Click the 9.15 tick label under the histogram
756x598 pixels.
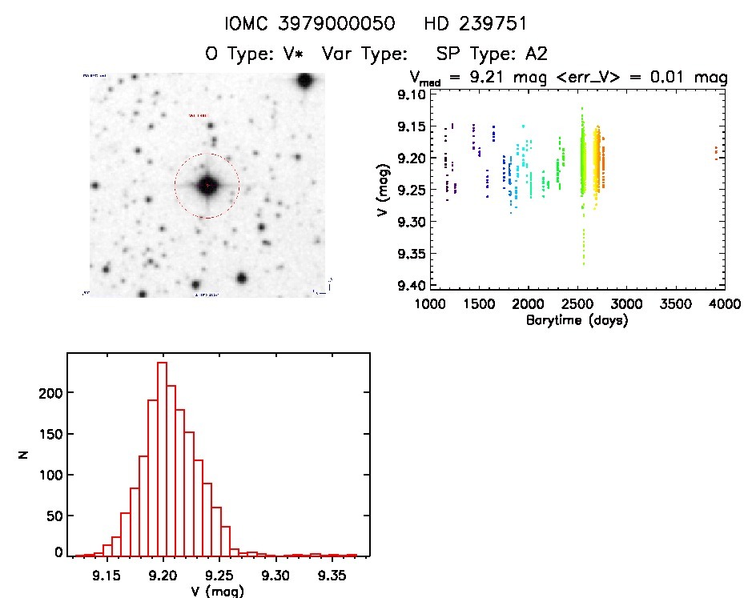[x=107, y=573]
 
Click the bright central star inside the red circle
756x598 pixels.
[x=207, y=186]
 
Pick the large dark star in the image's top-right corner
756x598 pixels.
[x=304, y=82]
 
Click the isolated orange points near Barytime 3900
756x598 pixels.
[x=715, y=152]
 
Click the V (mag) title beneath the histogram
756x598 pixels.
[x=218, y=591]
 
